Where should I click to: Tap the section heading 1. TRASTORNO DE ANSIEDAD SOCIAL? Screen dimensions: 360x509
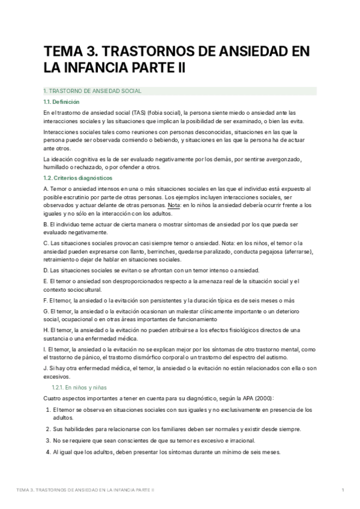[92, 91]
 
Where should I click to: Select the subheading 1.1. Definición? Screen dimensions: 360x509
[62, 102]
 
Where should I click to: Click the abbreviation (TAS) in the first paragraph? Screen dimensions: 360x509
[158, 112]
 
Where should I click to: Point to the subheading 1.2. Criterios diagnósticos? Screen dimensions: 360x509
[77, 178]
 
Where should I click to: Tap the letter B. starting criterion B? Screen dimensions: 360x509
[46, 224]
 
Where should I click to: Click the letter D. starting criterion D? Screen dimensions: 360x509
[46, 271]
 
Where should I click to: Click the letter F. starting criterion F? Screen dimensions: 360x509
[46, 300]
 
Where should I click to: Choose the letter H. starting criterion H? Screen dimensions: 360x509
[47, 330]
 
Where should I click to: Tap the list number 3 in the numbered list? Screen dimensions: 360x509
[47, 440]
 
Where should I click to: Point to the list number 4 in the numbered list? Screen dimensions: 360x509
[47, 451]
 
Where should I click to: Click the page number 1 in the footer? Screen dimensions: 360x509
[343, 490]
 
